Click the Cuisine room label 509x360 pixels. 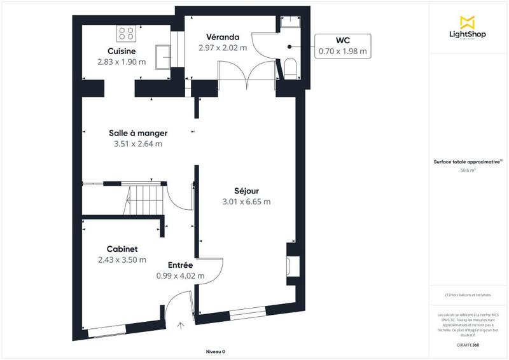pos(121,52)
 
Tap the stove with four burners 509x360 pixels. pos(126,32)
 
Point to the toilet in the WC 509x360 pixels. pos(291,67)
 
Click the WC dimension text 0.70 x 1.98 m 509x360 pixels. pos(343,50)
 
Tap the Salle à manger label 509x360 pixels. pos(138,133)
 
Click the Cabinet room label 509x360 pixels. pos(122,249)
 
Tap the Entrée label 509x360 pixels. pos(180,265)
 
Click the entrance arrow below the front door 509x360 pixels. pos(181,326)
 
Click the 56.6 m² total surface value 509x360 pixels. pos(469,170)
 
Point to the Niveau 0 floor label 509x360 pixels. pos(216,352)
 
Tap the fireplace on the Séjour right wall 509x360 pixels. pos(292,267)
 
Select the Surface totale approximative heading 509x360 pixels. pos(469,162)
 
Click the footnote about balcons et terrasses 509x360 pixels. pos(469,295)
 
